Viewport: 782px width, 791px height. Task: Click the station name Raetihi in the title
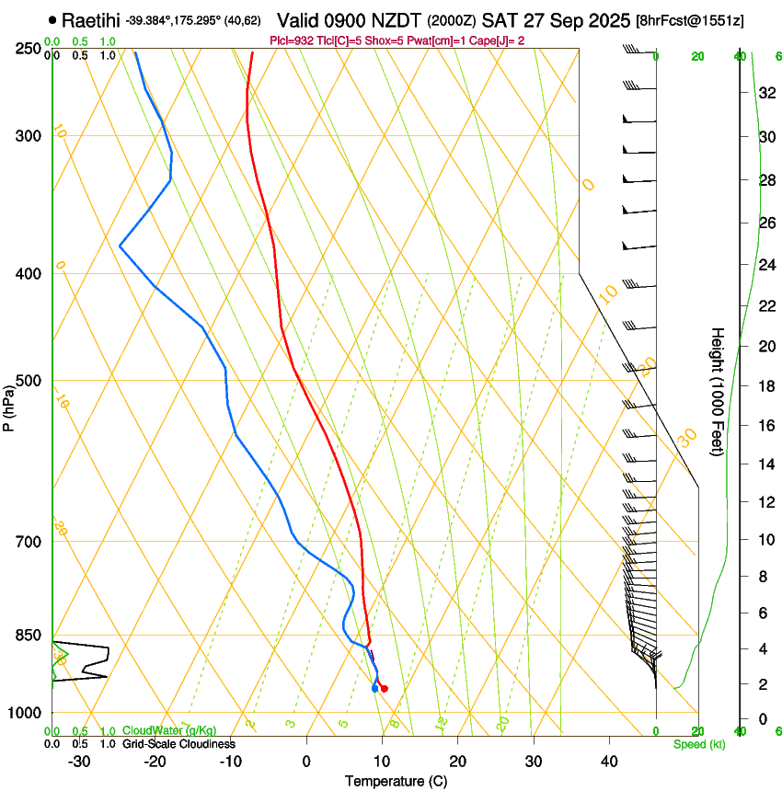(91, 19)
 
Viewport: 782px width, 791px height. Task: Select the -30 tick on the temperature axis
(79, 761)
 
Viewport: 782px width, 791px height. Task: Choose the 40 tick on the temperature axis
(608, 761)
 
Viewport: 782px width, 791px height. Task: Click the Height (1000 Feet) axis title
(719, 392)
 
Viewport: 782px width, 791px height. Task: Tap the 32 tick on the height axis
(767, 93)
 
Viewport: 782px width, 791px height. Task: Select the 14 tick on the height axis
(767, 464)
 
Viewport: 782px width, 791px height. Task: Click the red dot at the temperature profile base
(385, 688)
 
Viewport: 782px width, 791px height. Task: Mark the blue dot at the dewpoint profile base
(374, 688)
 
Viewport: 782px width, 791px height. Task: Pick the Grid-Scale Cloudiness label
(178, 744)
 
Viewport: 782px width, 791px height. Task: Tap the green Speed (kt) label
(698, 744)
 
